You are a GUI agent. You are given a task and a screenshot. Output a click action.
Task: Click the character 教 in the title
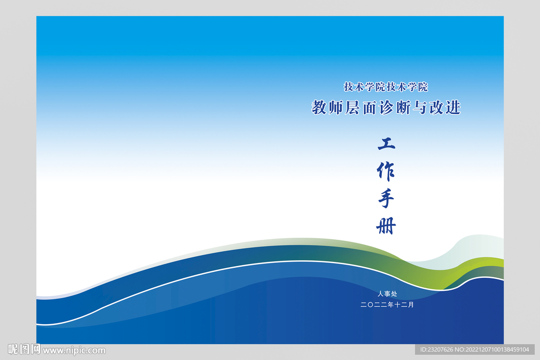click(x=320, y=108)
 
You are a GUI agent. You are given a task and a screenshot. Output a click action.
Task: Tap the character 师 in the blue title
click(x=336, y=108)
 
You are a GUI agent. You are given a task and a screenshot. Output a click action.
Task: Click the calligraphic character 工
click(x=386, y=143)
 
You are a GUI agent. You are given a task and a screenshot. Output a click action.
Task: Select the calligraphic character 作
click(x=386, y=171)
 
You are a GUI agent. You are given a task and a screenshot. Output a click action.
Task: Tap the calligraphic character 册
click(x=386, y=226)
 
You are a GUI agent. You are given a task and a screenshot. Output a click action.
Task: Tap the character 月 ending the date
click(x=411, y=304)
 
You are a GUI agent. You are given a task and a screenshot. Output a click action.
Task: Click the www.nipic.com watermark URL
click(x=74, y=350)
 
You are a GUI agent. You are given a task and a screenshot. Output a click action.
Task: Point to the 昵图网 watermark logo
click(x=24, y=349)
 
